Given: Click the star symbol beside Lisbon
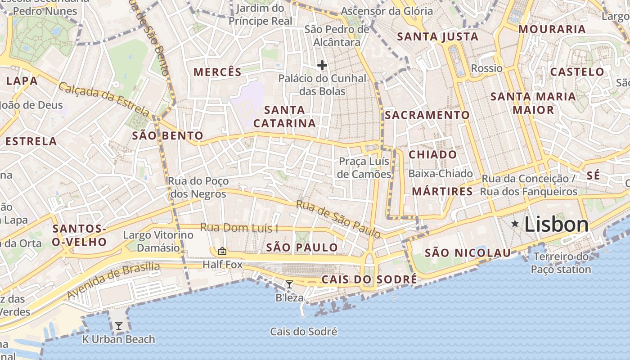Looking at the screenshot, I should (515, 224).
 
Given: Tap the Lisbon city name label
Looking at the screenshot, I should (556, 225).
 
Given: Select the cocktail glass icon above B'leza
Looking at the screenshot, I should (289, 284).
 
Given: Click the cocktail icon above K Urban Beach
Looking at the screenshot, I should (119, 325).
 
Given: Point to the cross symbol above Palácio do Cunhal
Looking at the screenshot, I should (322, 66).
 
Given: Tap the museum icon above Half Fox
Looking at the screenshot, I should (222, 251).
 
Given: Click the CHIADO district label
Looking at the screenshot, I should (432, 155).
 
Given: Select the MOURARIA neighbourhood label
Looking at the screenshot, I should (552, 29).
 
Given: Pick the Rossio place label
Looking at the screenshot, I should (486, 68).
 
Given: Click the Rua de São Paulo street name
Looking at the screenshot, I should (338, 219).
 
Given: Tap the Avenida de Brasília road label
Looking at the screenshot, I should (113, 280).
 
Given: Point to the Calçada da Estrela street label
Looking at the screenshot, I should (103, 99).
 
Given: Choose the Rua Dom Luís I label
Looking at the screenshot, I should (239, 228).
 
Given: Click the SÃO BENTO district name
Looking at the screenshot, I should (167, 135).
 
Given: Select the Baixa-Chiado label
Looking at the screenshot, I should (441, 174).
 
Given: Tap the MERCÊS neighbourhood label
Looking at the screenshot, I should (217, 72).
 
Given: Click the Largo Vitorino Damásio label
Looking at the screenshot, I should (158, 241).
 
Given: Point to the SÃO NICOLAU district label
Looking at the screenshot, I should (468, 253).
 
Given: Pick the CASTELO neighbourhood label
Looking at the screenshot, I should (577, 72).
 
